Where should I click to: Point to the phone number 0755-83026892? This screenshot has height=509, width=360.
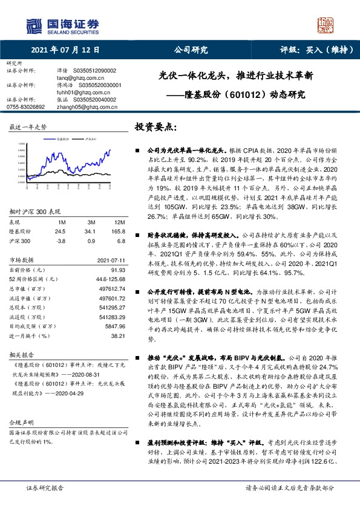click(25, 106)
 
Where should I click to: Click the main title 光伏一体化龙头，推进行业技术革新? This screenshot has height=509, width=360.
click(236, 77)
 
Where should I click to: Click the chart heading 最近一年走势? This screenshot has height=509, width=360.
click(28, 128)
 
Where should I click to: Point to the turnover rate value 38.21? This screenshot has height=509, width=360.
click(117, 351)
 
